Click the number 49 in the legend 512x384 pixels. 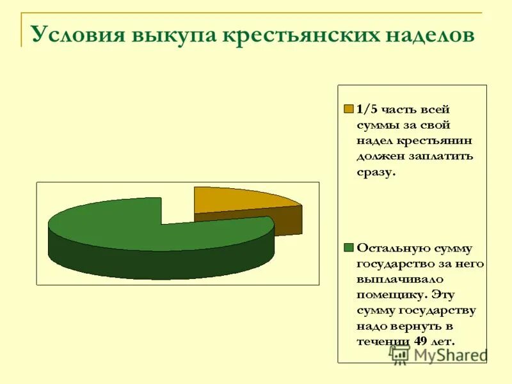coord(420,341)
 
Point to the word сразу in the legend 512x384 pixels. coord(376,172)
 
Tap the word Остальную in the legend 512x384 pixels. coord(392,248)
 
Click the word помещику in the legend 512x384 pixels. coord(392,294)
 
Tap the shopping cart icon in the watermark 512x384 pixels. coord(400,356)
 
